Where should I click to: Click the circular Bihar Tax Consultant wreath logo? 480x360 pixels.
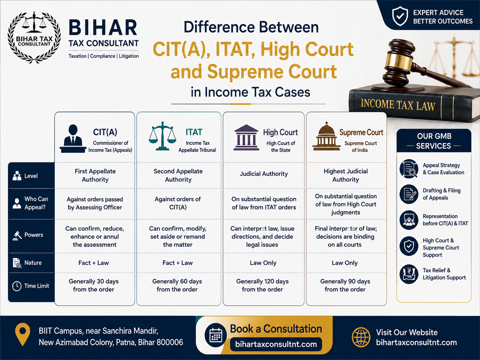tap(34, 37)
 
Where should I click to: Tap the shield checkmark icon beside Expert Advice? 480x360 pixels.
tap(400, 16)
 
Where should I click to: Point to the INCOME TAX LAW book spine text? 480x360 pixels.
tap(398, 105)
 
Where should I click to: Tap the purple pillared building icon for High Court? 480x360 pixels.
tap(246, 138)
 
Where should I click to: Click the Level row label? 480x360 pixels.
tap(31, 176)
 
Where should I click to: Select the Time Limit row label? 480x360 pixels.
tap(36, 286)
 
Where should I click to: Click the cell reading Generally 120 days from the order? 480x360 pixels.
tap(263, 285)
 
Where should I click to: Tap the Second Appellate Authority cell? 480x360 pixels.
tap(178, 175)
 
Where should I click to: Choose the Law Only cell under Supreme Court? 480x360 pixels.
tap(345, 263)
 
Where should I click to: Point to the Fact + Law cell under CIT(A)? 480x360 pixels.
tap(93, 263)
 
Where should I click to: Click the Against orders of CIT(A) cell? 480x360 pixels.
tap(178, 203)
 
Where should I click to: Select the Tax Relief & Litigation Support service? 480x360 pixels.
tap(444, 274)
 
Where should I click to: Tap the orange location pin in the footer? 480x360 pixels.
tap(23, 334)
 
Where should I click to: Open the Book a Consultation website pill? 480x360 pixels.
tap(276, 344)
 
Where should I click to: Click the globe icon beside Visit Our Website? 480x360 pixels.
tap(361, 337)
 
